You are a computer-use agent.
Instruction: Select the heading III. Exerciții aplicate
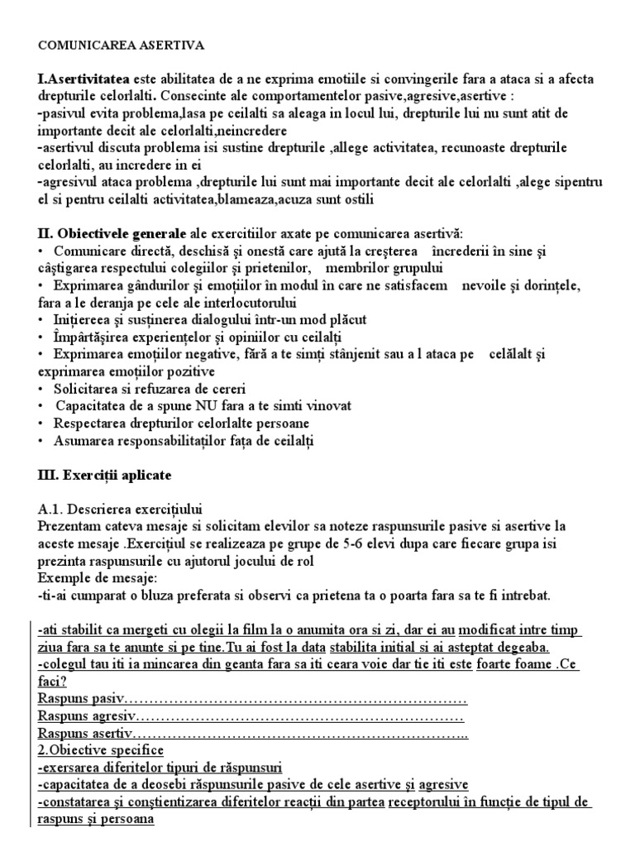point(104,476)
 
